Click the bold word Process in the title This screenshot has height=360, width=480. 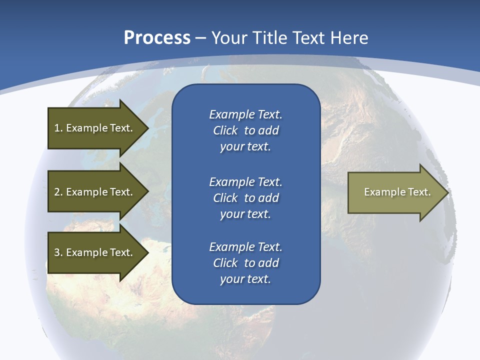click(x=157, y=38)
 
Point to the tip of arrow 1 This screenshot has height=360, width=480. click(x=148, y=128)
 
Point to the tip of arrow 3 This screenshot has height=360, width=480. click(x=148, y=252)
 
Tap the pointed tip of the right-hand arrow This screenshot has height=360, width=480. click(x=447, y=192)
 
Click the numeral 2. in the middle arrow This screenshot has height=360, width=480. click(x=58, y=192)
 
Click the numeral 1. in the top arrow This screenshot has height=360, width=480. click(x=58, y=128)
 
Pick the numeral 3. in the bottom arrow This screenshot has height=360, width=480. click(x=58, y=252)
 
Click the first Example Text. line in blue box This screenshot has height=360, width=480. click(x=245, y=114)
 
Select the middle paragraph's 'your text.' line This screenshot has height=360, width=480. click(x=245, y=214)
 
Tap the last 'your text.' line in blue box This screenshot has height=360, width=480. click(x=245, y=279)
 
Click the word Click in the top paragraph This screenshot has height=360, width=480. click(x=225, y=130)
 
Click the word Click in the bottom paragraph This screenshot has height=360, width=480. click(x=225, y=263)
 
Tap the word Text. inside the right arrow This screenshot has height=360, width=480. click(x=419, y=192)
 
